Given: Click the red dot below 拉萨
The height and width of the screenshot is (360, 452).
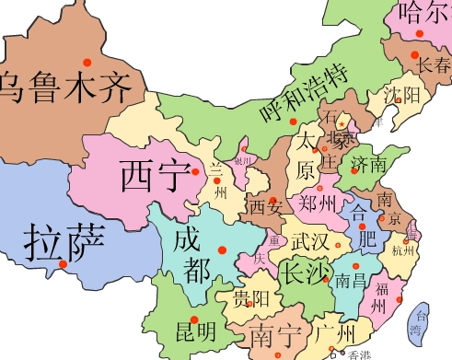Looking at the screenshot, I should click(x=63, y=265).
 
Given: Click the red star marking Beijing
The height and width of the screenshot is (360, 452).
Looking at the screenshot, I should click(x=342, y=122).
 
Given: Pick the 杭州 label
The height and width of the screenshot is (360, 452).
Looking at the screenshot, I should click(x=403, y=250).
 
